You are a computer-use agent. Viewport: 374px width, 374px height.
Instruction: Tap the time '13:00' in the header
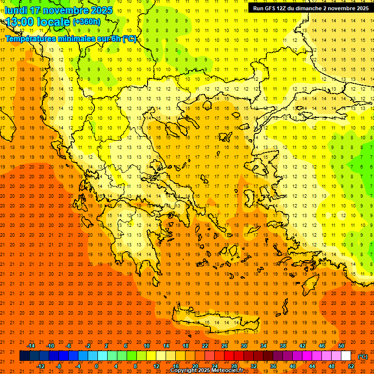point(20,21)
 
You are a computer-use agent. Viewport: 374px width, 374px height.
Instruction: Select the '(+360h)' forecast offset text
point(87,21)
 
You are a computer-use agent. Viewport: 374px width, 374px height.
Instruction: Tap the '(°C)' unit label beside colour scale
point(363,356)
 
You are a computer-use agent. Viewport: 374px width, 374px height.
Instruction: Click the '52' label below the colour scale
point(351,366)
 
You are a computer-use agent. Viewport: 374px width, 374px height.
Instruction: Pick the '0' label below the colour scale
point(96,366)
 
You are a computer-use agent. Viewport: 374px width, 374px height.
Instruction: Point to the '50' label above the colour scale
point(341,346)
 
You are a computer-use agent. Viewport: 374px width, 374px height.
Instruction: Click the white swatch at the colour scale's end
point(346,356)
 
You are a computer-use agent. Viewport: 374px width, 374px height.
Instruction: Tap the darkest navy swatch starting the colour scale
point(24,356)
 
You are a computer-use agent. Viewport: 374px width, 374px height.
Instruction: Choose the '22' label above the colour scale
point(205,346)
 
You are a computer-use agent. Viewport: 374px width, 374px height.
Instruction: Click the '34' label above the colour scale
point(263,346)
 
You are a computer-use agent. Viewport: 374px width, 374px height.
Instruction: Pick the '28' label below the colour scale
point(234,366)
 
